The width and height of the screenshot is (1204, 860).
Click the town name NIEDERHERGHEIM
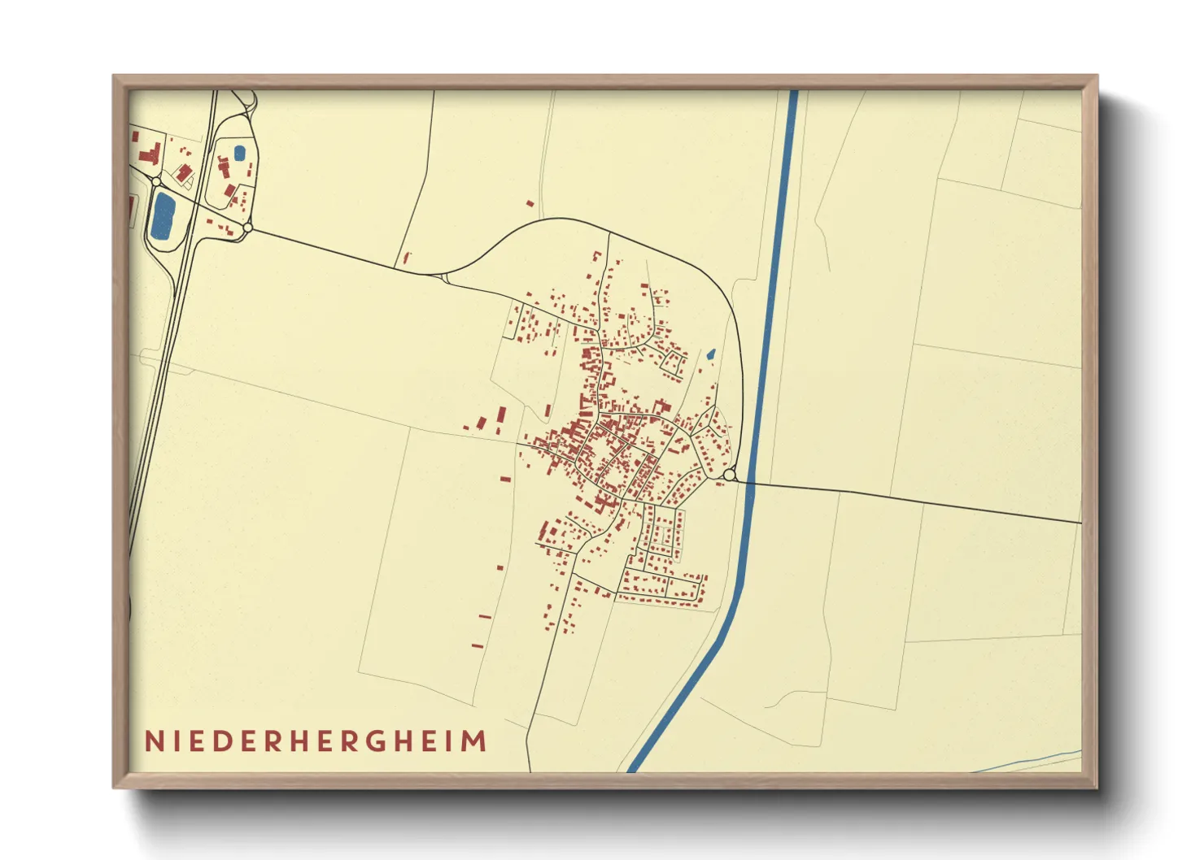(316, 741)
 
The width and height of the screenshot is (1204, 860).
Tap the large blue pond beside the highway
(164, 215)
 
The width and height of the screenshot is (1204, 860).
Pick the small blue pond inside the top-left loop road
(239, 152)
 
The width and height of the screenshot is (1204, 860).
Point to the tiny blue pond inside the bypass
(711, 354)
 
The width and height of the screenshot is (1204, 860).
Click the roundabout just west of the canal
(729, 475)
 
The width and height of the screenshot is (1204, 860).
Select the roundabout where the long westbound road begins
(248, 228)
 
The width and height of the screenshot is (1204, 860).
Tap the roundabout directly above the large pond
(155, 181)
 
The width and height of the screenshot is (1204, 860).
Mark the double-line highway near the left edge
(167, 366)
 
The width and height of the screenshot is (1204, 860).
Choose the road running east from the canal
(911, 499)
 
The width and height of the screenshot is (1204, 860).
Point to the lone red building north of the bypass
(530, 203)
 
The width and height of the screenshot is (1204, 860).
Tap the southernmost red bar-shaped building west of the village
(478, 646)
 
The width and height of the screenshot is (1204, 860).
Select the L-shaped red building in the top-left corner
(150, 154)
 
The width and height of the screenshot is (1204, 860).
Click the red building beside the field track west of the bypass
(407, 258)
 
